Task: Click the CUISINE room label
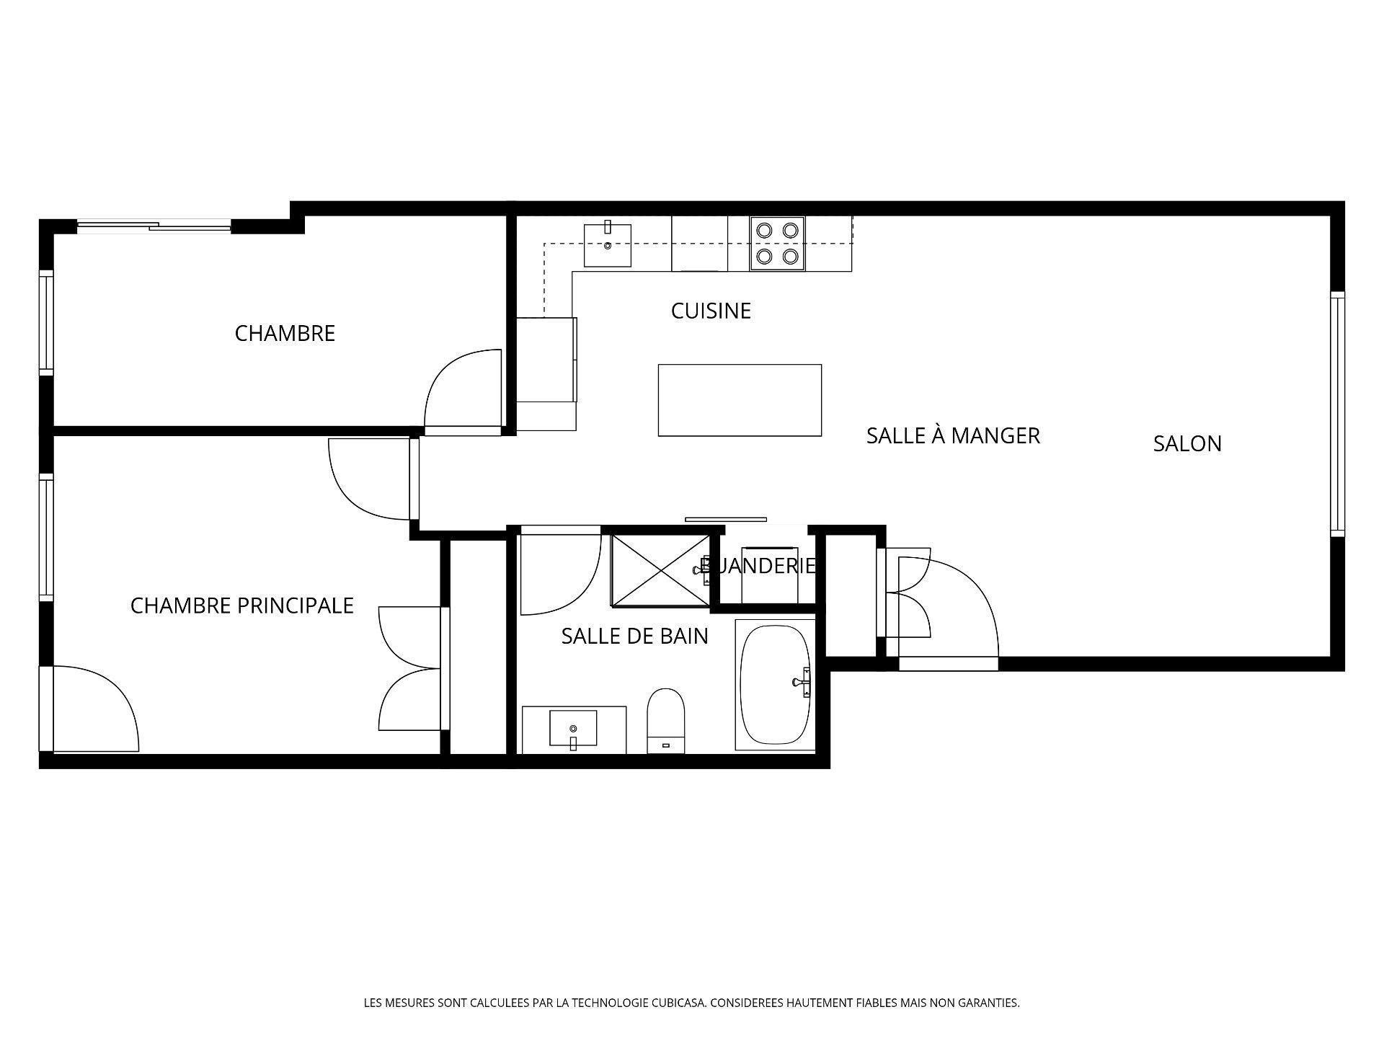point(711,311)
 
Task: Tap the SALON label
point(1187,443)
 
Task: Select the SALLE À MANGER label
point(953,435)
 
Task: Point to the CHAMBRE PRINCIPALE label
point(241,605)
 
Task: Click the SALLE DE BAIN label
point(634,636)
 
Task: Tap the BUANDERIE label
point(758,566)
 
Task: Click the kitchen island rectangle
point(740,400)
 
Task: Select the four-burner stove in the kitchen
point(777,243)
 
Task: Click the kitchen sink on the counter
point(607,245)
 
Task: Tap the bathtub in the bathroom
point(775,685)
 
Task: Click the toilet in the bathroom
point(665,719)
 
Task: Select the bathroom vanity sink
point(573,728)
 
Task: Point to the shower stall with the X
point(660,569)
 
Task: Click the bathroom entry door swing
point(559,573)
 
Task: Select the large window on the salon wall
point(1337,414)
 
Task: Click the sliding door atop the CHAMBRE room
point(154,226)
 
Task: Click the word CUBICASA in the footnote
point(678,1003)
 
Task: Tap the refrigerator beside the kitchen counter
point(546,359)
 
